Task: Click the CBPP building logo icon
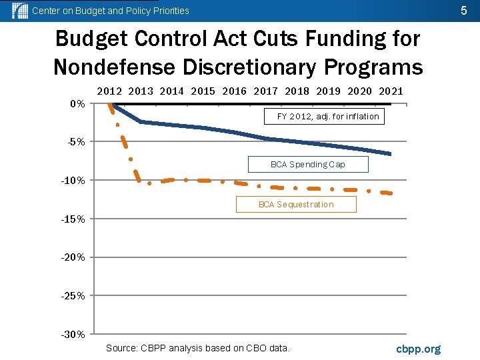(x=20, y=11)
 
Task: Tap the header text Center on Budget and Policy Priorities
(x=111, y=11)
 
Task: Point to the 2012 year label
(x=110, y=91)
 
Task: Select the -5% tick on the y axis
(x=75, y=142)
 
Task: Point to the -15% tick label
(x=73, y=219)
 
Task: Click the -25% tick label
(x=73, y=296)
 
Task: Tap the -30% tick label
(x=73, y=335)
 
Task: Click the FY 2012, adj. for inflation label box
(x=328, y=117)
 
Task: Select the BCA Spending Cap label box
(x=307, y=164)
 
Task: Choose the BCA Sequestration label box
(x=296, y=205)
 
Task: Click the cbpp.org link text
(x=418, y=349)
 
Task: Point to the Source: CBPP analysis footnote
(x=198, y=348)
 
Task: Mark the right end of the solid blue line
(x=390, y=154)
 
